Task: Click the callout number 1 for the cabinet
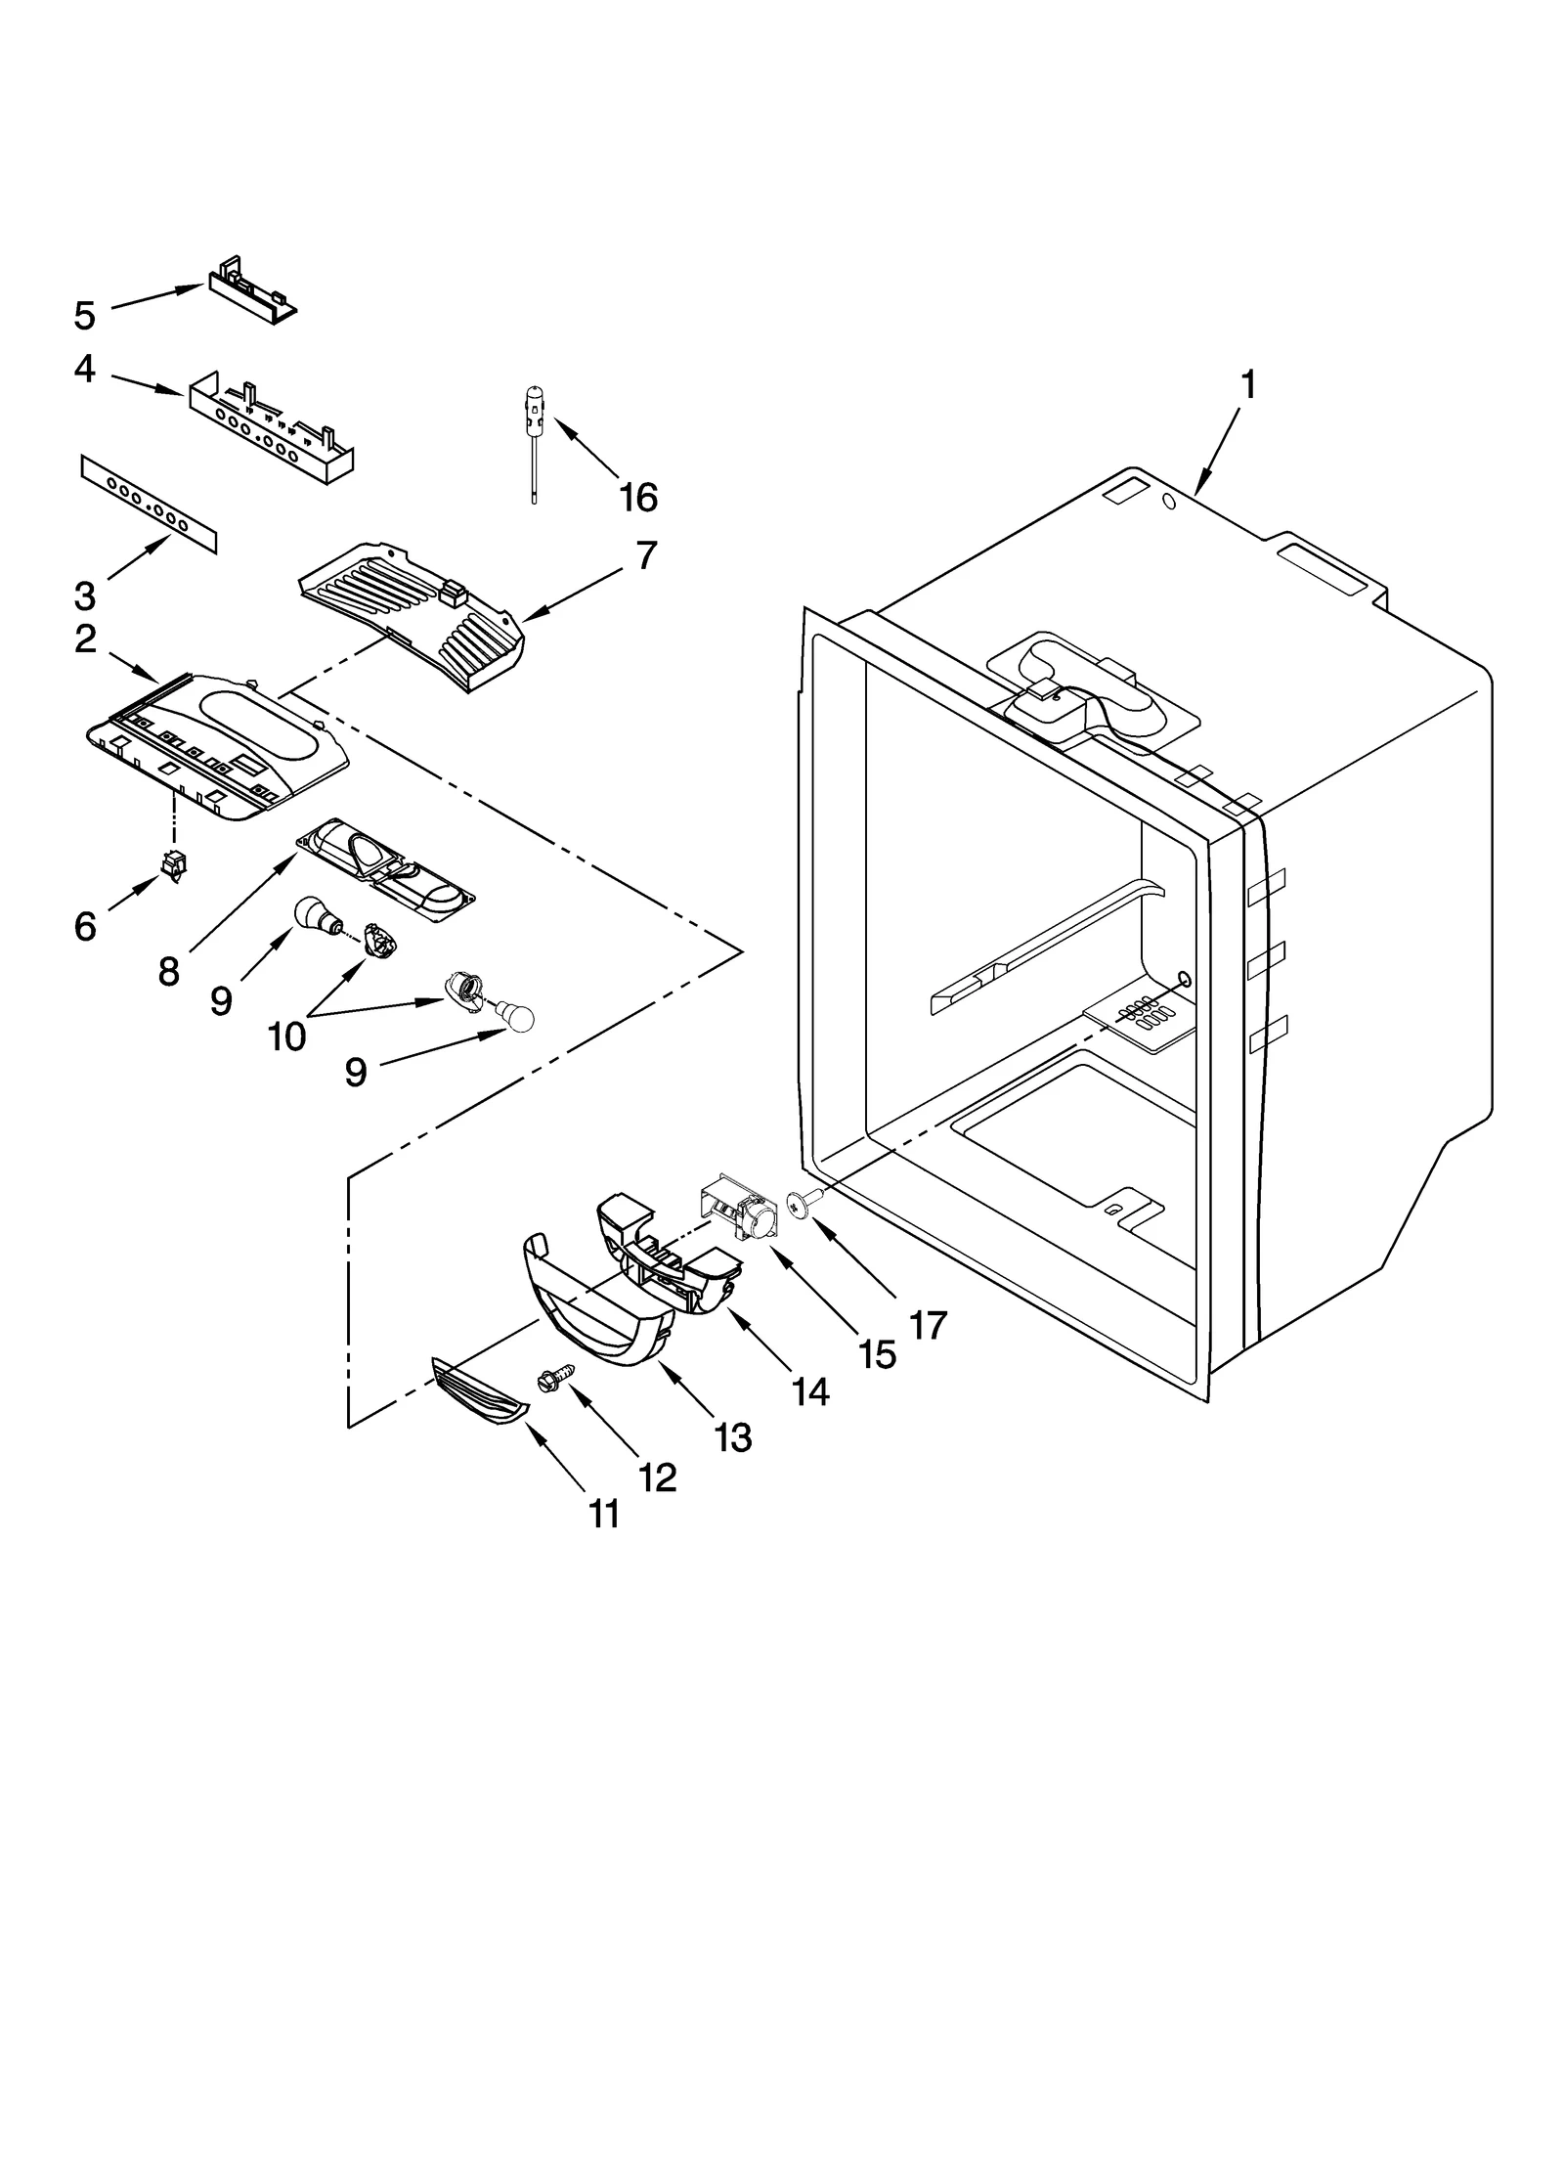tap(1248, 386)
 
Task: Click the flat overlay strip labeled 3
tap(148, 504)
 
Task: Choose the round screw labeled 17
tap(803, 1206)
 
